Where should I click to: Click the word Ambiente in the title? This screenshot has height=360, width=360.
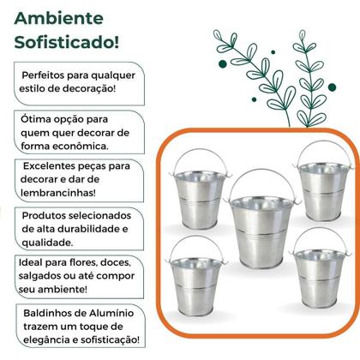[58, 18]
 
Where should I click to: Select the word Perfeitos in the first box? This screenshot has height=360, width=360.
[48, 75]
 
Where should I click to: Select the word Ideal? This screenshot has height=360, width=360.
[33, 261]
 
